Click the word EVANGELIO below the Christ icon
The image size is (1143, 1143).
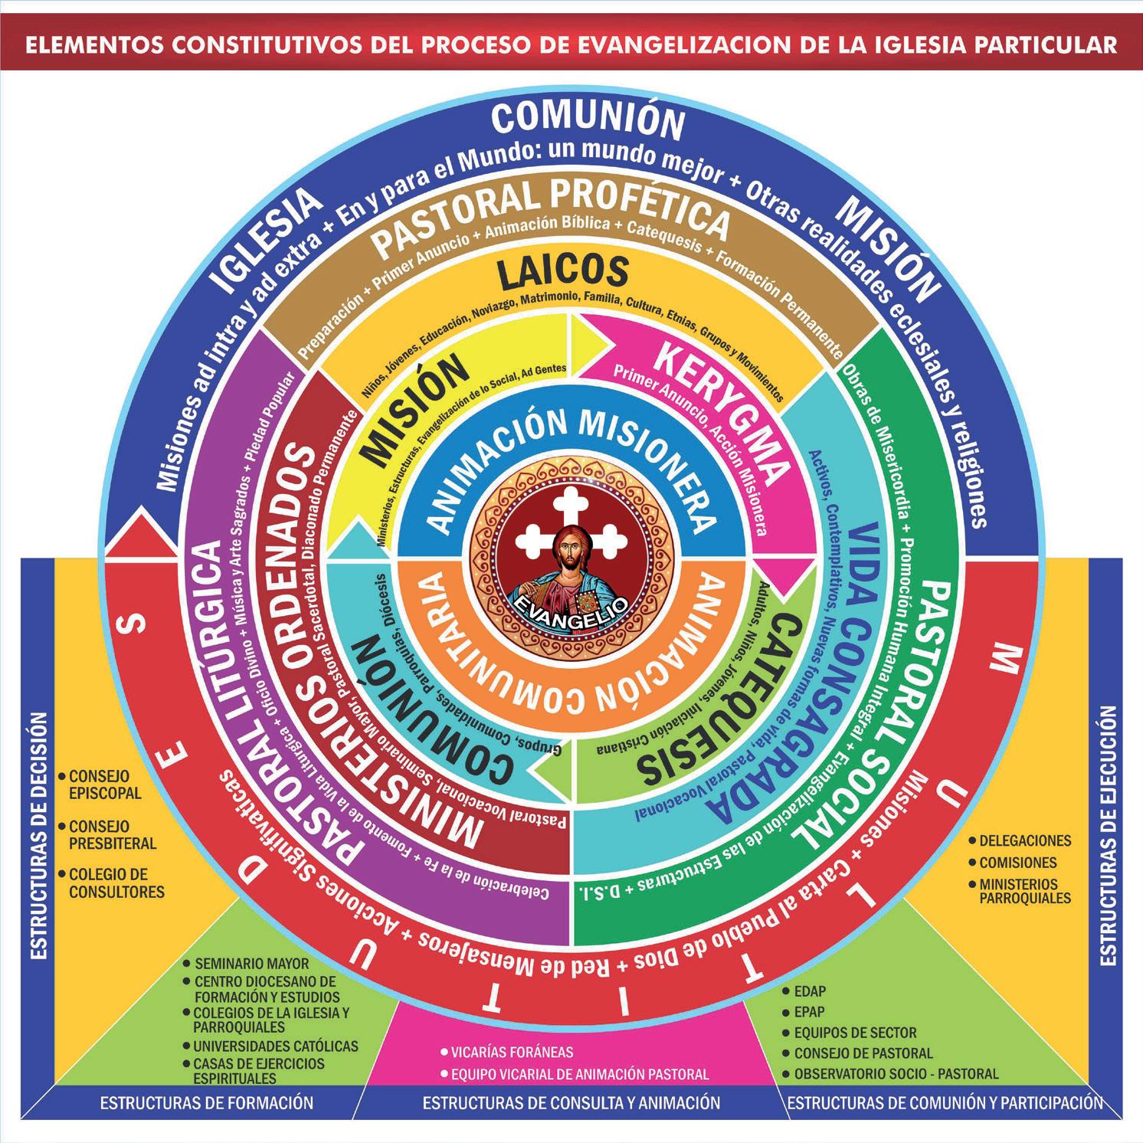click(x=571, y=603)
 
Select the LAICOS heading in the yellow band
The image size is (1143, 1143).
click(x=562, y=272)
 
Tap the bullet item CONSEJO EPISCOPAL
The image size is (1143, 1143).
click(x=105, y=784)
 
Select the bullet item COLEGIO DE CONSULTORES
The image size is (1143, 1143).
click(x=116, y=883)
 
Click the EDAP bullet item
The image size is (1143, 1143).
click(x=810, y=991)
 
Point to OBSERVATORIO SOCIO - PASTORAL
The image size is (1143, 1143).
click(x=896, y=1073)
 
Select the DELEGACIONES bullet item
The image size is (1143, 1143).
click(x=1025, y=840)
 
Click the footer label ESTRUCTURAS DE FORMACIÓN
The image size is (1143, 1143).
click(x=207, y=1102)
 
